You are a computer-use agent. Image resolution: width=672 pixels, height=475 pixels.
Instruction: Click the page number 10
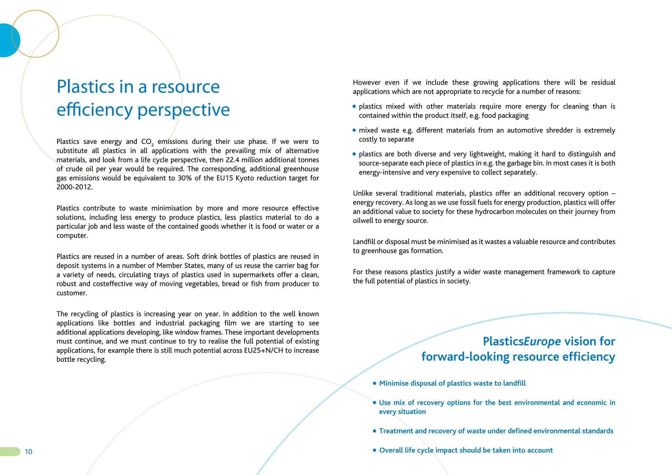(x=29, y=452)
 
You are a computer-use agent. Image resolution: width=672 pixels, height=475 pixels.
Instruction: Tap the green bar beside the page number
(x=10, y=452)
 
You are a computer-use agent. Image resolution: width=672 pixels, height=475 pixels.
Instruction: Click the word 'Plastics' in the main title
(x=86, y=87)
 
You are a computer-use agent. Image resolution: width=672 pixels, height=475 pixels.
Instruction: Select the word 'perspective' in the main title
(x=183, y=110)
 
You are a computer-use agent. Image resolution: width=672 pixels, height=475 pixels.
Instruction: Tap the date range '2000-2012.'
(x=74, y=187)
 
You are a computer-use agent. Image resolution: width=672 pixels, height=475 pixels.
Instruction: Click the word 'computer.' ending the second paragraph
(x=72, y=236)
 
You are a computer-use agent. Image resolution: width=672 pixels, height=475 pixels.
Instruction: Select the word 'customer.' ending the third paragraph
(x=72, y=293)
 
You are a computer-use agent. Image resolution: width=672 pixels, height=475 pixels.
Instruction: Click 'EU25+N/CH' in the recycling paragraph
(x=263, y=350)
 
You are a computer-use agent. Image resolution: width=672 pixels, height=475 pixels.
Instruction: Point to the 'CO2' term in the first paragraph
(x=147, y=142)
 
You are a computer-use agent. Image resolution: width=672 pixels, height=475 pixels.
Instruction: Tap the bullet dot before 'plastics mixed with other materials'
(x=354, y=106)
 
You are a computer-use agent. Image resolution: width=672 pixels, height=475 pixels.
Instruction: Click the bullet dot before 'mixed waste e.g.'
(x=354, y=130)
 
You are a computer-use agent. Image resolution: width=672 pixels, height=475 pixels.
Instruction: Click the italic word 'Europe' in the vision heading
(x=542, y=341)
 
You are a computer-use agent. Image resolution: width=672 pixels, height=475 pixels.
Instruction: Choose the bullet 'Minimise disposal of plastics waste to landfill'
(x=452, y=383)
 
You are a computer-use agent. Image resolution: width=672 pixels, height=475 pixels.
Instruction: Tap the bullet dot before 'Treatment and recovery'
(x=374, y=431)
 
